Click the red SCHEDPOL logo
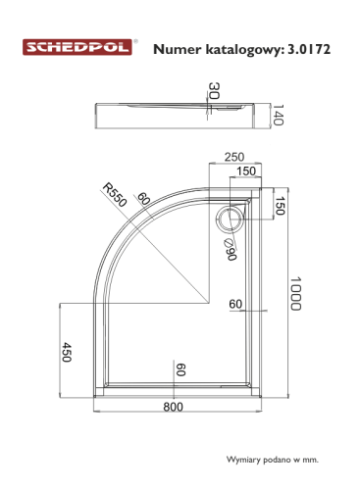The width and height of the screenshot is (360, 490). pyautogui.click(x=77, y=47)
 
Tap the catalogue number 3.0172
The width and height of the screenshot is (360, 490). pyautogui.click(x=309, y=49)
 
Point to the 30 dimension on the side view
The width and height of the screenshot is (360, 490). pyautogui.click(x=214, y=90)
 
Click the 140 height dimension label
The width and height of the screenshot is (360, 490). pyautogui.click(x=278, y=115)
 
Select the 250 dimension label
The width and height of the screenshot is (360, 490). pyautogui.click(x=234, y=157)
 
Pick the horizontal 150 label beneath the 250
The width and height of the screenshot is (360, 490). pyautogui.click(x=246, y=171)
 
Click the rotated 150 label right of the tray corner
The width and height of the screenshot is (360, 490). pyautogui.click(x=279, y=206)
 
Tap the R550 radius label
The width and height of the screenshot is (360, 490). pyautogui.click(x=115, y=195)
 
